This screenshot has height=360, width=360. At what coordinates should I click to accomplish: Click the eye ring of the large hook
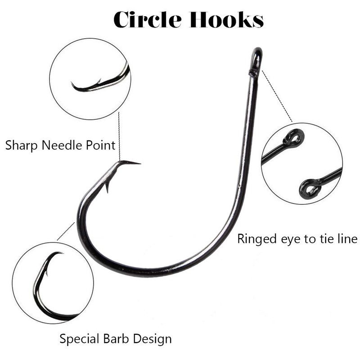point(256,58)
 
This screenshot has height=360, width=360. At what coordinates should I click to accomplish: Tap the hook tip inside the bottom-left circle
point(61,253)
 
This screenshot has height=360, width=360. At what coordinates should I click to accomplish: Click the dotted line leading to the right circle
point(277,97)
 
